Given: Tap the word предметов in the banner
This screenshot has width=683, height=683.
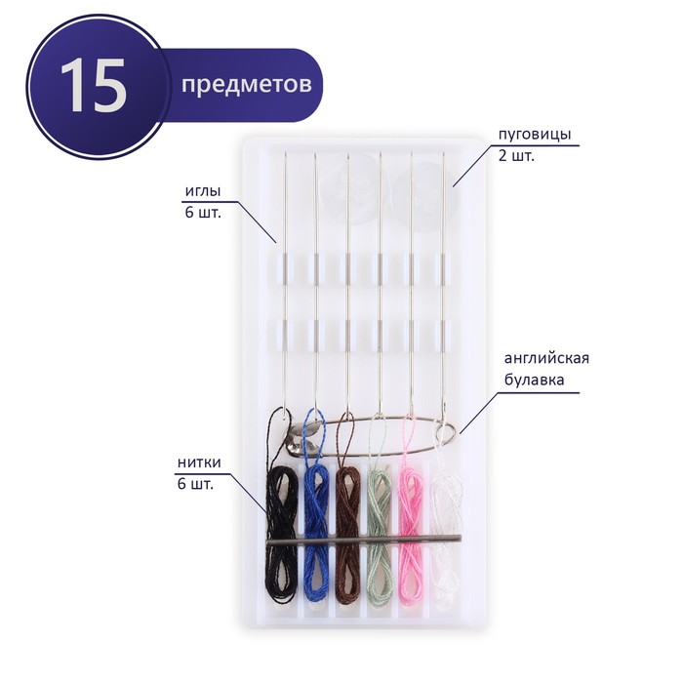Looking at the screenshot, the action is [247, 84].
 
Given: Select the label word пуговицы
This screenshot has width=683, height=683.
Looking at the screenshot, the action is [535, 134].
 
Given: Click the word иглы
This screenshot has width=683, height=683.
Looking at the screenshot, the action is [203, 191].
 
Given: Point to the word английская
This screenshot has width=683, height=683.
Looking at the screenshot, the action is [546, 358].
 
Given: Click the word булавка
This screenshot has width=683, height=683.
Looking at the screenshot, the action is [534, 380].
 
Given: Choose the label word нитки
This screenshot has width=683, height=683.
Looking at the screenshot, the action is [199, 462].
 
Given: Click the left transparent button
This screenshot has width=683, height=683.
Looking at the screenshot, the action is [347, 194].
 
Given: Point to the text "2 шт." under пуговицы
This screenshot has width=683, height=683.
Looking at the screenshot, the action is [516, 155].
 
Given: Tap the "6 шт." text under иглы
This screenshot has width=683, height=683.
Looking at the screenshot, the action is [203, 213].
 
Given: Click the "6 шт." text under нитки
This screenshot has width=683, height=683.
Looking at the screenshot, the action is [195, 484].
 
